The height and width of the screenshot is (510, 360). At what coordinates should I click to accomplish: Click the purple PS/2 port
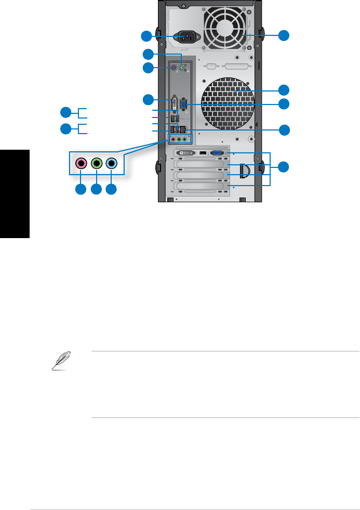174,68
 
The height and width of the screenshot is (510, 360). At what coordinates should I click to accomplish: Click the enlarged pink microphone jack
81,163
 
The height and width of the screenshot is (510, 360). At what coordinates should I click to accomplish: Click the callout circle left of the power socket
148,36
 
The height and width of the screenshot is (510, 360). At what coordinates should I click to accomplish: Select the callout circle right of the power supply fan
283,36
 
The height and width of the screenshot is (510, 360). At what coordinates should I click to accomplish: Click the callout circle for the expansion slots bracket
283,167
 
